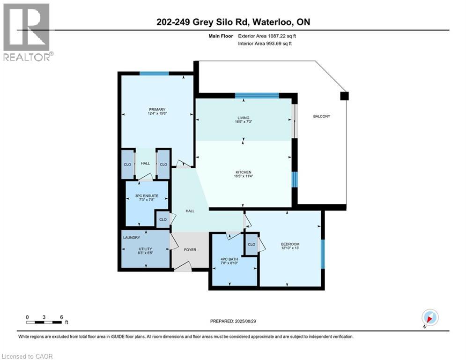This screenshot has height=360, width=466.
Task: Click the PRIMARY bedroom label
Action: (157, 110)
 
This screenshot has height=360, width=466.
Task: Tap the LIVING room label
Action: (243, 118)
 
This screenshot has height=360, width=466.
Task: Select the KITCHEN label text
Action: (244, 172)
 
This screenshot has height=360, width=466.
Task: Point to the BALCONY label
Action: (322, 116)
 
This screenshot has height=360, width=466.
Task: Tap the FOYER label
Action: (190, 250)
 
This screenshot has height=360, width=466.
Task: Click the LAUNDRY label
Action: (132, 238)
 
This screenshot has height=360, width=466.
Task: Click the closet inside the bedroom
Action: (251, 245)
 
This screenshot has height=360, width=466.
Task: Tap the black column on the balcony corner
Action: (344, 96)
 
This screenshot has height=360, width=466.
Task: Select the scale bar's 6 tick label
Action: (61, 317)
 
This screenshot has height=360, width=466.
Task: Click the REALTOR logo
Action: (27, 32)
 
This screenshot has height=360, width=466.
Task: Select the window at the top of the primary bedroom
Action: (154, 73)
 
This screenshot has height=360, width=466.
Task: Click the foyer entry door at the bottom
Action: (183, 268)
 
